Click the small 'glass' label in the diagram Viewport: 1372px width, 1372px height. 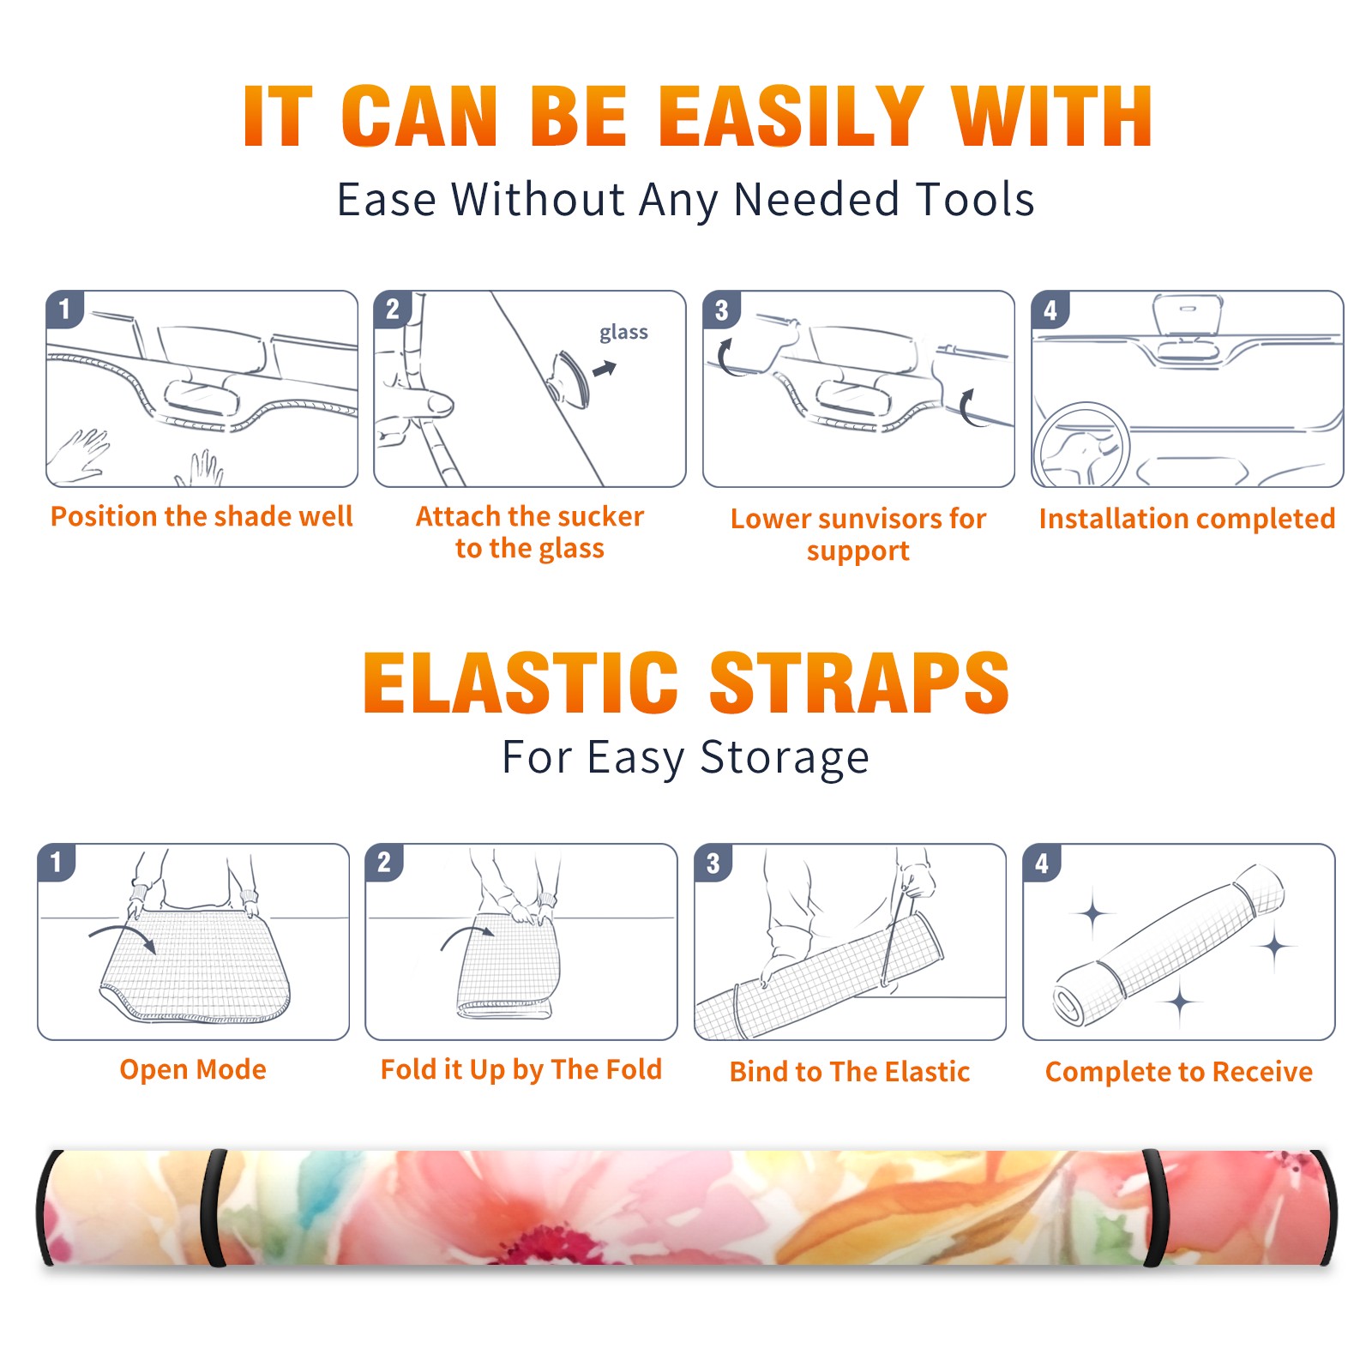tap(623, 333)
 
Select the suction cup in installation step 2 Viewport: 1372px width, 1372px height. tap(571, 378)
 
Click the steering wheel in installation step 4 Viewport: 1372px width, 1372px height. tap(1081, 446)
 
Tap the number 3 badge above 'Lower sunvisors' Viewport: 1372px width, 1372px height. tap(721, 310)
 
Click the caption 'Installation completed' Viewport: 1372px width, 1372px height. tap(1187, 519)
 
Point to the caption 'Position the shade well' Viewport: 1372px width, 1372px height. tap(202, 516)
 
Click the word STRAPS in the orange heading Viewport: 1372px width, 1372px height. tap(859, 683)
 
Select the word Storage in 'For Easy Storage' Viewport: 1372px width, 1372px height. tap(785, 758)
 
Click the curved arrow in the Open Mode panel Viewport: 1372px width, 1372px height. tap(123, 936)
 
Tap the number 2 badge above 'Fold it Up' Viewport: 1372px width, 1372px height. tap(384, 862)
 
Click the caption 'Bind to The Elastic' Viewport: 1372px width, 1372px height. tap(850, 1072)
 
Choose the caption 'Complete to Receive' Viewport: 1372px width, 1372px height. tap(1179, 1072)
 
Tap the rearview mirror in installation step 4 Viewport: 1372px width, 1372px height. tap(1188, 316)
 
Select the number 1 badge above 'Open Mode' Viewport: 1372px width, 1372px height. tap(57, 862)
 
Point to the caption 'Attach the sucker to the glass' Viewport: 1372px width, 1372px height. tap(530, 532)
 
